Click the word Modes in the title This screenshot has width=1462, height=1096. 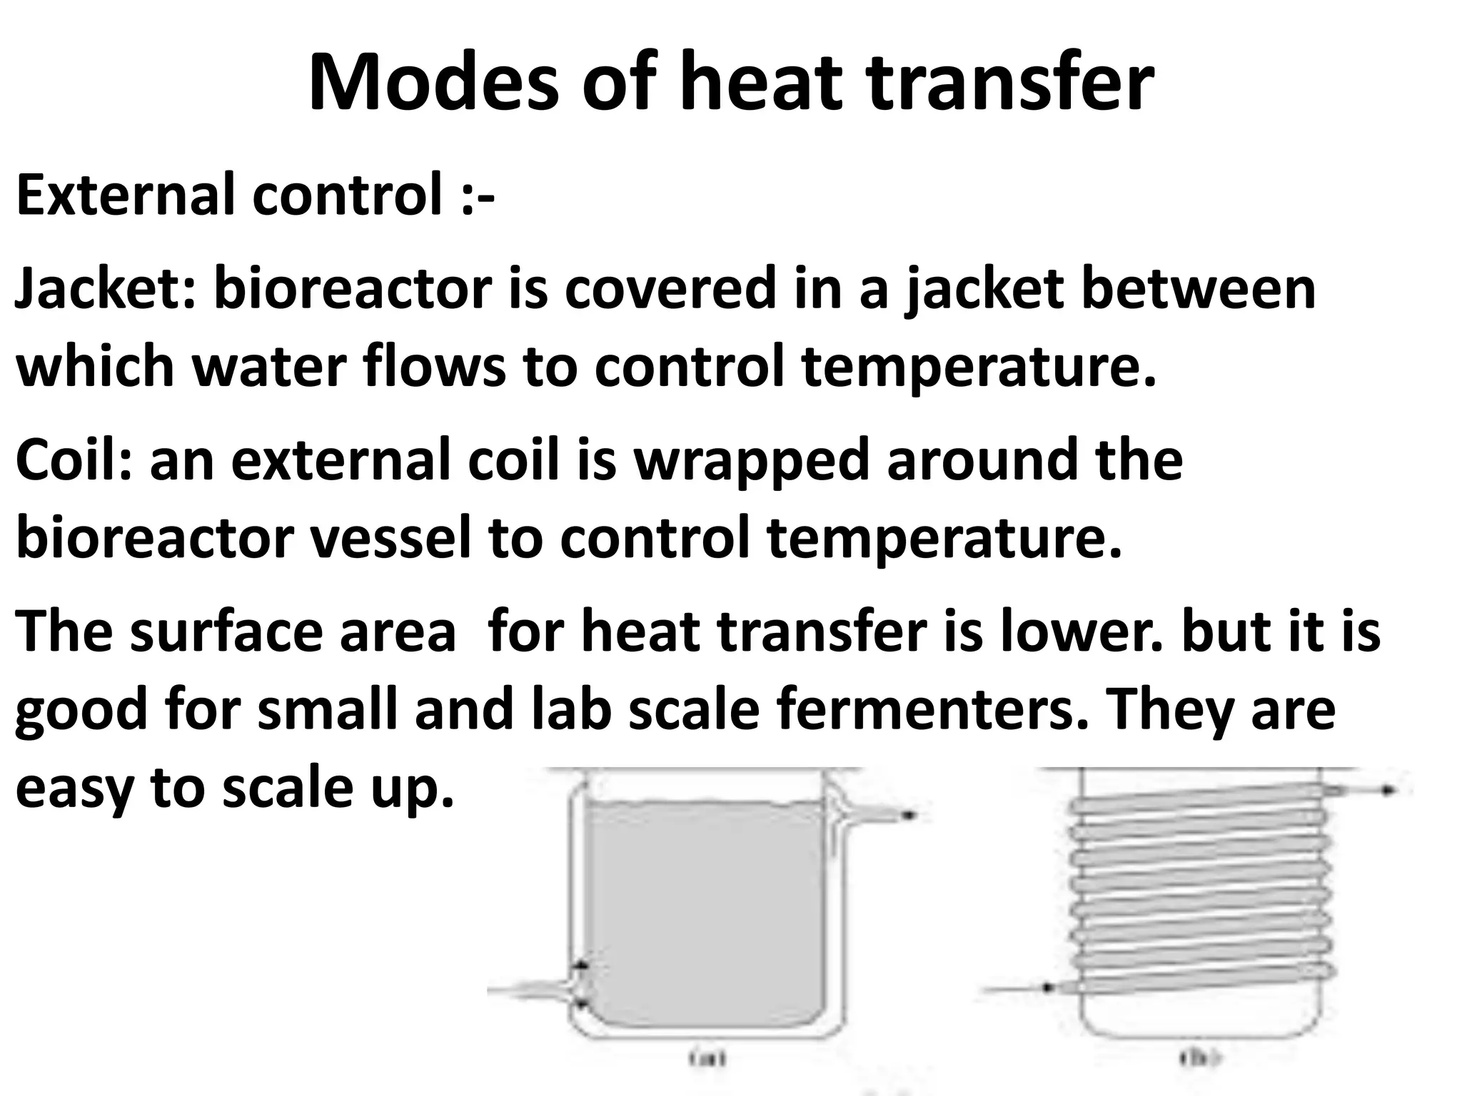[x=433, y=83]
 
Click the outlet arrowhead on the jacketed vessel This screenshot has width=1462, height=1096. [x=908, y=815]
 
